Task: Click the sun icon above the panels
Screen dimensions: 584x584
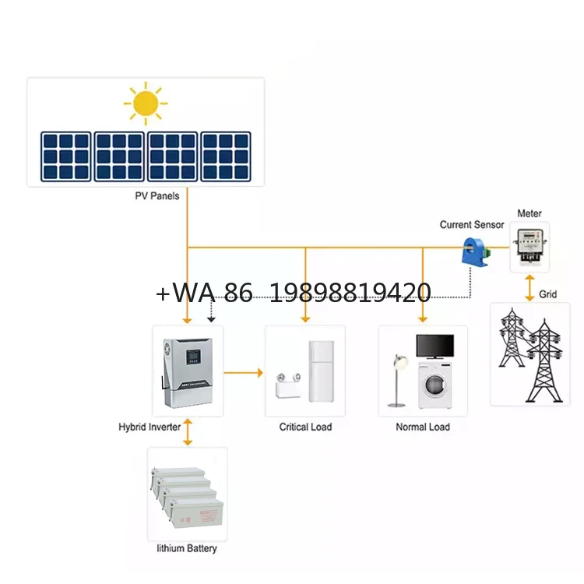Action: point(146,104)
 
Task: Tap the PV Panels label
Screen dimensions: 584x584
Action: point(157,196)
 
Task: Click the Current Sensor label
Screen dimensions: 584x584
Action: point(472,225)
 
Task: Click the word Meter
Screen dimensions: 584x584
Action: point(529,213)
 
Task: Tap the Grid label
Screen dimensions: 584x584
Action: point(548,296)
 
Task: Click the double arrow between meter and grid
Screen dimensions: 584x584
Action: point(530,287)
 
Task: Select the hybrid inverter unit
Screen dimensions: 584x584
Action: point(187,371)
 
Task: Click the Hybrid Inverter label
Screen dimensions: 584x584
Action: point(150,427)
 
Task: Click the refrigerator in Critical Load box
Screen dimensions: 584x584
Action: point(321,371)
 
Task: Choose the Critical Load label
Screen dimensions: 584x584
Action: point(305,427)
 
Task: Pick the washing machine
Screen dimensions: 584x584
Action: point(434,385)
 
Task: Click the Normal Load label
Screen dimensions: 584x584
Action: point(423,427)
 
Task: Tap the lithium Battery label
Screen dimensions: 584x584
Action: point(187,548)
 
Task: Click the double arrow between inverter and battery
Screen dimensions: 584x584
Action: point(187,434)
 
